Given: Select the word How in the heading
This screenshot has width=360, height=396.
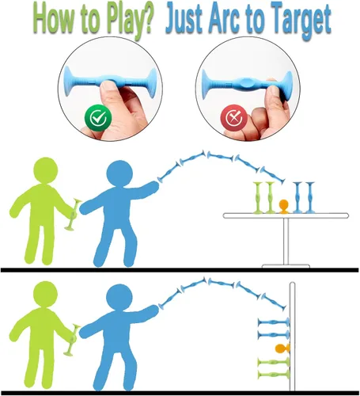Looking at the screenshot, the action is pos(54,19).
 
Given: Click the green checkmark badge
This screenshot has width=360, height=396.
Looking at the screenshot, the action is pos(98,118).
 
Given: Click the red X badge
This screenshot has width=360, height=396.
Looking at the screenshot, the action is pos(233,118).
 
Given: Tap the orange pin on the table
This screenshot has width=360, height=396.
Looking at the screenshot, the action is pos(283,207).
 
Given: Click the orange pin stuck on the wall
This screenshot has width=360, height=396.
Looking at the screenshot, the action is pos(282,348).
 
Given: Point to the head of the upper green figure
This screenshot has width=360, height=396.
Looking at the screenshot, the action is pos(45,170).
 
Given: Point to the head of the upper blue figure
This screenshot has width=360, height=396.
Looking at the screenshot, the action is pos(119,173).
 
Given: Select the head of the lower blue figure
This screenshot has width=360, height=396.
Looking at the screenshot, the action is pos(119,297).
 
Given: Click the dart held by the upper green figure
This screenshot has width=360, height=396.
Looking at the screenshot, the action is pos(73,215).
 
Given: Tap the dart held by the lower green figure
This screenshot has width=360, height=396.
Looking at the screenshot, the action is pos(72,340).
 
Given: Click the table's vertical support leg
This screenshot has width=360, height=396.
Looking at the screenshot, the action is pos(286,242).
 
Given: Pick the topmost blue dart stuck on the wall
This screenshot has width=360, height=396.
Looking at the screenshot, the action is pos(274,322).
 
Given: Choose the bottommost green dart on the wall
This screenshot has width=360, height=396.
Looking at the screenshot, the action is pos(274,374).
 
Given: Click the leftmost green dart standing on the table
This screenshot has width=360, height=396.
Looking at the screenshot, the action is pos(258,197).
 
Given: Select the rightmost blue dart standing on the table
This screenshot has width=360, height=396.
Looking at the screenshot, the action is pos(309,197).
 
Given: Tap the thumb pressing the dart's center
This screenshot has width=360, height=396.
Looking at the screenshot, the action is pos(110,91).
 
